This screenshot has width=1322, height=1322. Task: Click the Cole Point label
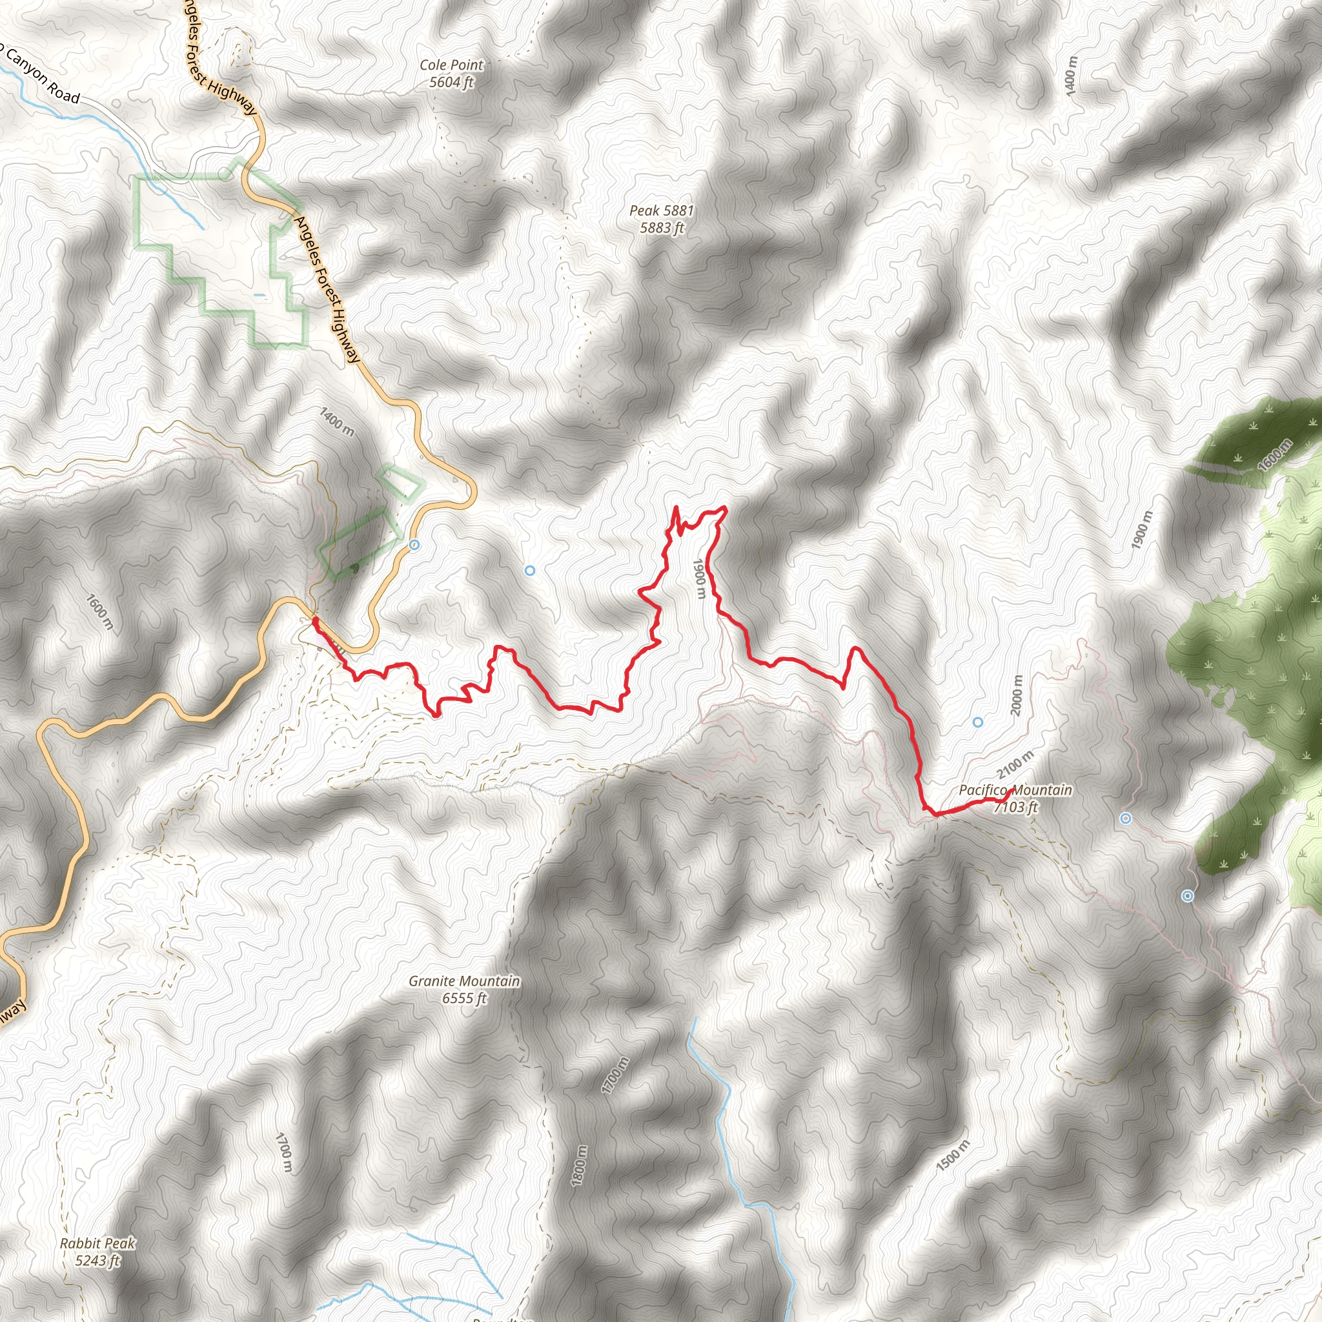451,65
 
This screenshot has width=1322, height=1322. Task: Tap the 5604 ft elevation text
451,83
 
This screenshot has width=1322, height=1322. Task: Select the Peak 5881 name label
661,210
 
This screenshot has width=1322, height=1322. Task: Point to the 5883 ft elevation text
661,229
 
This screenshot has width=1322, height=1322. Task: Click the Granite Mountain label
464,981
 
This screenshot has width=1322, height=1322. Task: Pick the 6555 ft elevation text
464,999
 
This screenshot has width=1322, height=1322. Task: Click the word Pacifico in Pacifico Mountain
982,790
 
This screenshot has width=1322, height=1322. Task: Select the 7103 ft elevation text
1015,808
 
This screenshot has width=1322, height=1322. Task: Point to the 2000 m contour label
1017,695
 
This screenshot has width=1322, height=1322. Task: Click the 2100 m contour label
1015,765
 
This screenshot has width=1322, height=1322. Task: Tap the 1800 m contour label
579,1166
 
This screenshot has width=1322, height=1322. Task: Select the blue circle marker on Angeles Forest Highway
414,545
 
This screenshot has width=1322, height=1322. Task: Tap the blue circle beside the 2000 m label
978,722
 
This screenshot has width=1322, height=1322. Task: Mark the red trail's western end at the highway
314,619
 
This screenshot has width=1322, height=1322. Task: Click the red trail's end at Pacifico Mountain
1012,789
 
